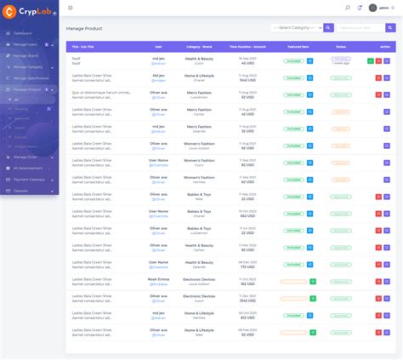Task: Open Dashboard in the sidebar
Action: pos(23,32)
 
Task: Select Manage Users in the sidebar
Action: pos(25,43)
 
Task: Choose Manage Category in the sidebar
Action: pos(28,66)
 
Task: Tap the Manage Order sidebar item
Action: pos(26,157)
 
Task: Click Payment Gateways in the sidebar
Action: pos(29,179)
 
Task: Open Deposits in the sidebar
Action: pos(20,191)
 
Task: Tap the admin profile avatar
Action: pos(372,8)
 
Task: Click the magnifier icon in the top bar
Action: pos(347,8)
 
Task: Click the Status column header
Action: pos(340,47)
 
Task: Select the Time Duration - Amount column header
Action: pos(247,47)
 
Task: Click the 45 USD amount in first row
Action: pos(247,63)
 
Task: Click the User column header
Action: pos(158,47)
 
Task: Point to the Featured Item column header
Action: pos(298,47)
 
